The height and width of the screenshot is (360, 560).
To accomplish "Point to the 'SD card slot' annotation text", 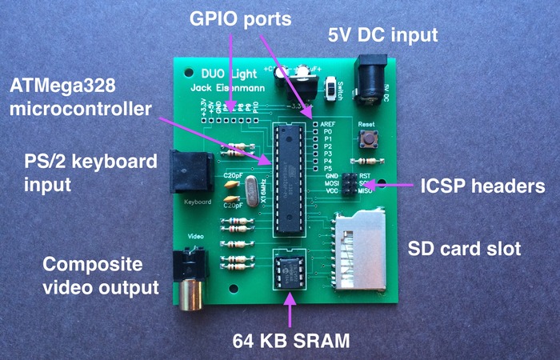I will (465, 249).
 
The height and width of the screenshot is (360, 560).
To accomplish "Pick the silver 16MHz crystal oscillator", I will (252, 194).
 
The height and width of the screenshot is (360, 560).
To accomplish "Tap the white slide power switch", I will (332, 84).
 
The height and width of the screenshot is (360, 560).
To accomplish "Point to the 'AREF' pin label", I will (327, 124).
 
